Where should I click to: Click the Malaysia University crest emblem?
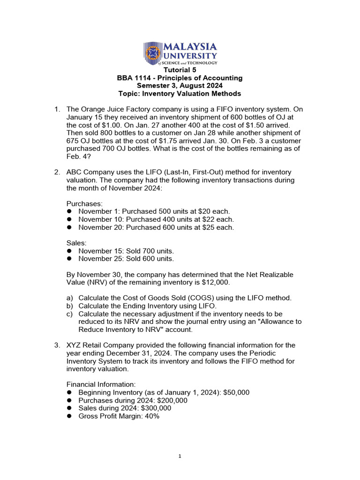coord(153,53)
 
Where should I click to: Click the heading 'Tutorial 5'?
coord(180,70)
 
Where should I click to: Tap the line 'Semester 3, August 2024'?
coord(180,86)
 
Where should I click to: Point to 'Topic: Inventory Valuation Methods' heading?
coord(180,94)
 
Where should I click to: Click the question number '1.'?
coord(57,109)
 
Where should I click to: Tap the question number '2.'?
coord(57,172)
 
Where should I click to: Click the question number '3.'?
coord(57,345)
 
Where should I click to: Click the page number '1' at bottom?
coord(180,456)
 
